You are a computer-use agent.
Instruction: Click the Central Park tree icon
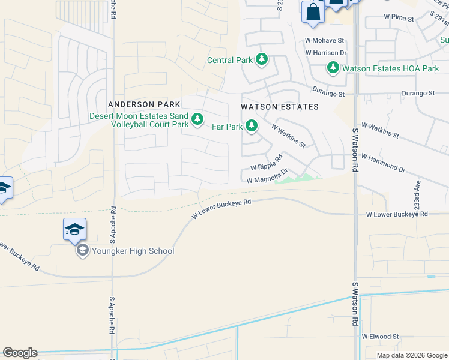(x=261, y=60)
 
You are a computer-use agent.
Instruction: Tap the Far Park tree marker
(x=253, y=126)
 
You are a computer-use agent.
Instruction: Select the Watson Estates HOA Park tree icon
(x=333, y=68)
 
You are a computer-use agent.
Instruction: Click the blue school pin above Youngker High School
(x=74, y=230)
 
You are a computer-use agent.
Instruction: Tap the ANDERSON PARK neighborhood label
(x=143, y=104)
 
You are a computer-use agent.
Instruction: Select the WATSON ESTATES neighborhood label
(x=279, y=107)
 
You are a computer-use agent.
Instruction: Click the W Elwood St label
(x=380, y=337)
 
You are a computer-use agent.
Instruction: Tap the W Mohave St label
(x=324, y=41)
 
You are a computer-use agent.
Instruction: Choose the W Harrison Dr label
(x=326, y=53)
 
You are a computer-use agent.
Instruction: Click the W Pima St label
(x=399, y=19)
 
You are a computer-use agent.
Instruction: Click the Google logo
(x=20, y=353)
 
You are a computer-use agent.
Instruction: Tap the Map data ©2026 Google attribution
(x=411, y=355)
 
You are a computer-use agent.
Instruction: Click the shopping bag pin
(x=313, y=13)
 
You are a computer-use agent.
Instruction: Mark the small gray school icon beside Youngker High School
(x=82, y=251)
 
